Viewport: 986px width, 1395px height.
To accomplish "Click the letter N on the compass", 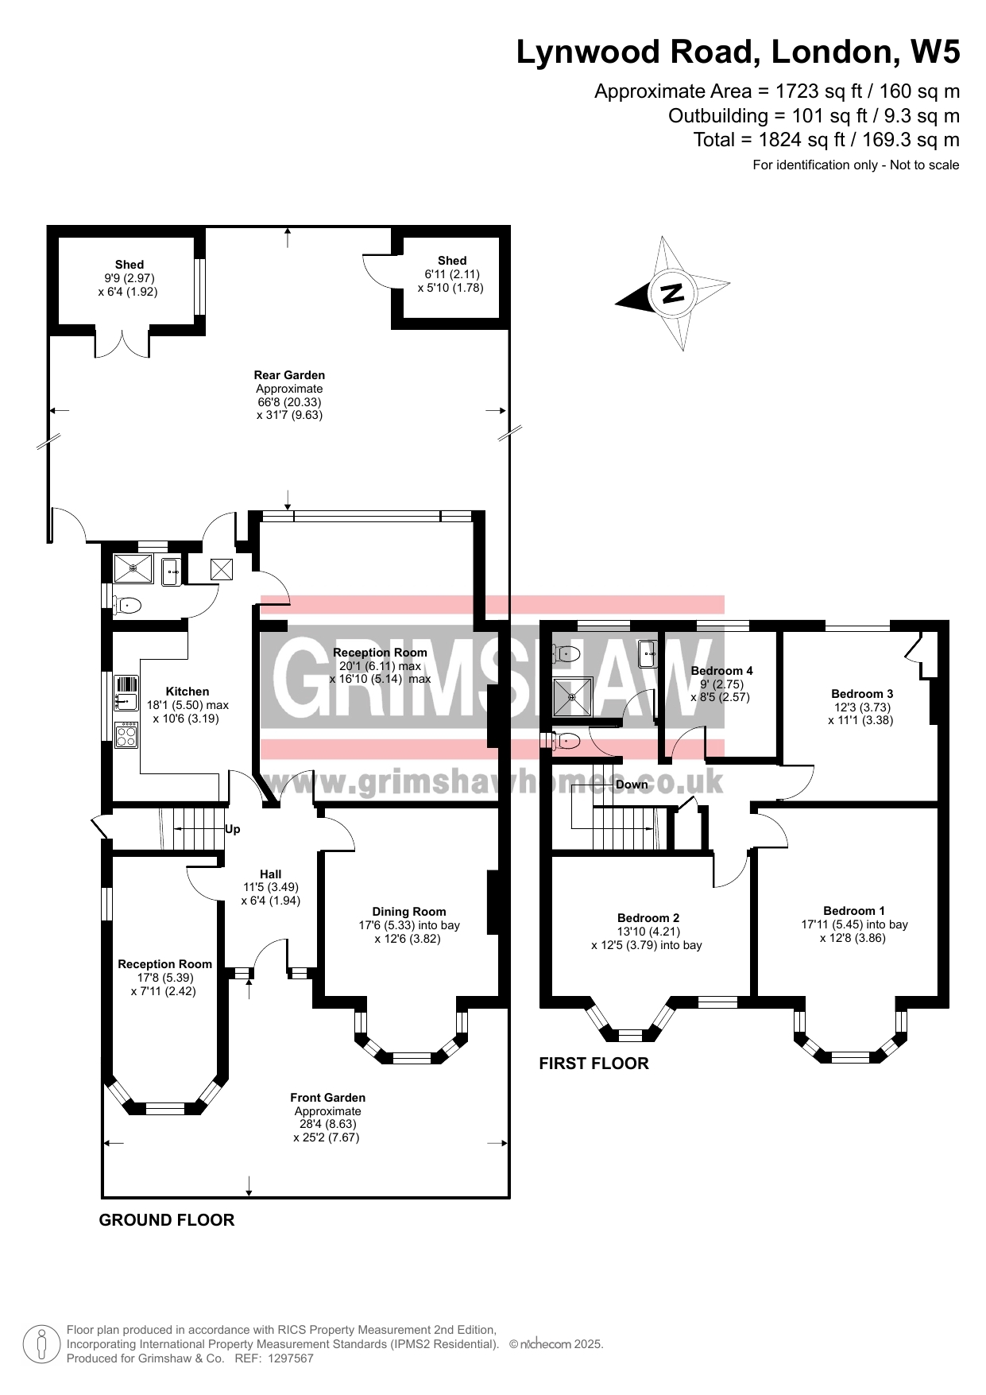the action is point(672,293).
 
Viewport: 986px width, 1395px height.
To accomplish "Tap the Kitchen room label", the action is point(188,692).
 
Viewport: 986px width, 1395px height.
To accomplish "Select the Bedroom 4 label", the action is point(721,671).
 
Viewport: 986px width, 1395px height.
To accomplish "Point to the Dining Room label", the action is point(409,912).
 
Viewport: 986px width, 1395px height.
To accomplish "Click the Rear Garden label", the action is point(289,375).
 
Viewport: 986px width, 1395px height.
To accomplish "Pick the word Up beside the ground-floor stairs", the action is point(233,829).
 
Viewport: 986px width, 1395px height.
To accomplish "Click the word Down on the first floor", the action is point(632,785).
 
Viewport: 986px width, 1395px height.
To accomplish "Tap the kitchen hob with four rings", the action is point(126,734).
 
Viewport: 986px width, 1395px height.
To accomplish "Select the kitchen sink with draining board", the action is point(126,692).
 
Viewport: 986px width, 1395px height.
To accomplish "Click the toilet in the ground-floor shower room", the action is point(128,606).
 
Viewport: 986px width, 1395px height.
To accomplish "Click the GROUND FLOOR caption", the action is point(167,1220).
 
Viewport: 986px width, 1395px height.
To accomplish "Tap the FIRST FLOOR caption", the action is point(594,1064).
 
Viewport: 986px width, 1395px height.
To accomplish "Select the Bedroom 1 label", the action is point(854,911).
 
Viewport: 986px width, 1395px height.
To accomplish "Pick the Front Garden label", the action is point(327,1098).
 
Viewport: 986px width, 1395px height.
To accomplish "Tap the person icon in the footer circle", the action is point(42,1344).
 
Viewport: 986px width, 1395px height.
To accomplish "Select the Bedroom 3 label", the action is point(862,694).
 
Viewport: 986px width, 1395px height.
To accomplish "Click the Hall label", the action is point(270,874).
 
